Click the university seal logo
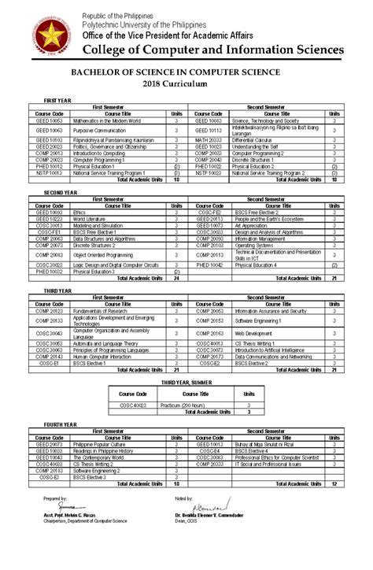pyautogui.click(x=50, y=40)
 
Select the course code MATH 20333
pyautogui.click(x=209, y=138)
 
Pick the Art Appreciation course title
pyautogui.click(x=250, y=224)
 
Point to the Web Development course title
pyautogui.click(x=253, y=334)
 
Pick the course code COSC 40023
pyautogui.click(x=133, y=405)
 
